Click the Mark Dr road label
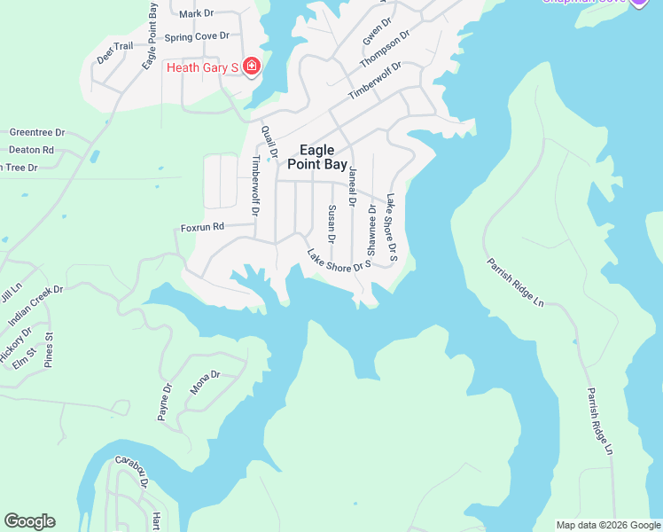click(197, 14)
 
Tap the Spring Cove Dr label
click(197, 36)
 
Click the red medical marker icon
click(252, 66)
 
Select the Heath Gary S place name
click(203, 67)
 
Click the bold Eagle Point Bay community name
click(317, 157)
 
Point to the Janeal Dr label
click(353, 186)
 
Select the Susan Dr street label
click(331, 224)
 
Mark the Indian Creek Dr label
click(36, 304)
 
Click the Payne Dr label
click(165, 402)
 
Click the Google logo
click(29, 521)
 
